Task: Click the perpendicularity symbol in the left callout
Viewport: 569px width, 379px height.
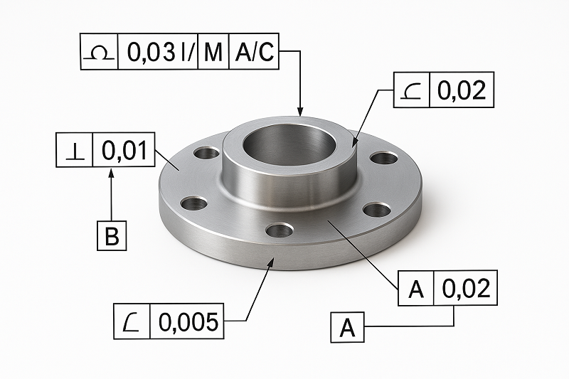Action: click(x=74, y=150)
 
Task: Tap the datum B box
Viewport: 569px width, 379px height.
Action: click(x=112, y=235)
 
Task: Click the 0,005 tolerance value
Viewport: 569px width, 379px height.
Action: click(x=187, y=321)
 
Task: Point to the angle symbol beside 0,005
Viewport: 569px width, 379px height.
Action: click(x=132, y=321)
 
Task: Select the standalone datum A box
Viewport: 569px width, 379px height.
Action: click(x=347, y=328)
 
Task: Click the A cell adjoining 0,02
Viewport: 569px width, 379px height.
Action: click(x=416, y=289)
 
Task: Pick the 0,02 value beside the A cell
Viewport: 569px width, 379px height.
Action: click(x=466, y=289)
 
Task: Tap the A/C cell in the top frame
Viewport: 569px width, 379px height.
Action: click(x=255, y=52)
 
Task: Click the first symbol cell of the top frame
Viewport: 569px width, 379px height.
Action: click(x=99, y=52)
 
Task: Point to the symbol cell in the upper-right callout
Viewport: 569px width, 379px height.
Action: click(x=411, y=90)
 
